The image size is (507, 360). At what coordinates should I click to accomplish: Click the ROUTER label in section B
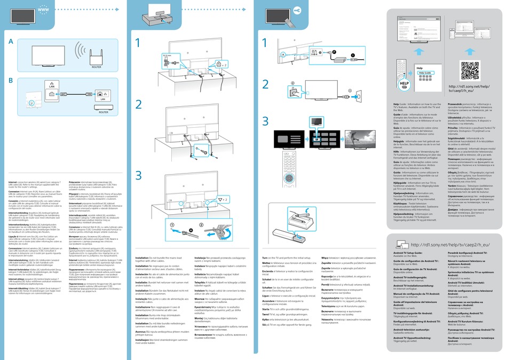click(104, 113)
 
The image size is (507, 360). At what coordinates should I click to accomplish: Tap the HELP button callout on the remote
click(404, 84)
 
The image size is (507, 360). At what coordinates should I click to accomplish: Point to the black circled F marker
click(335, 46)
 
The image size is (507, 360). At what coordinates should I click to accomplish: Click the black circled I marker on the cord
click(352, 55)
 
